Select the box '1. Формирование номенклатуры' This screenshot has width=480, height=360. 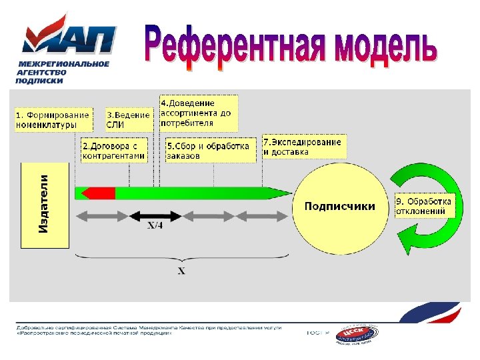(53, 120)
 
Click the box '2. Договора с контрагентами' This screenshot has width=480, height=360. (113, 151)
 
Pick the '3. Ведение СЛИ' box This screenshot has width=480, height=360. (128, 120)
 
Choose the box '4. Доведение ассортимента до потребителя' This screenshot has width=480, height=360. (198, 113)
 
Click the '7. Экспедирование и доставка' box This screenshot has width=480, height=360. (303, 147)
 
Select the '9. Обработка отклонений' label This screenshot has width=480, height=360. (423, 206)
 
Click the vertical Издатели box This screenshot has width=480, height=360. (45, 203)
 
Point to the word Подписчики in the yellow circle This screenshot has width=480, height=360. (339, 207)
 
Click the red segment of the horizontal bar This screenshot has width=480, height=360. (97, 193)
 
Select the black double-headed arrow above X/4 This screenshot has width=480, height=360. (155, 215)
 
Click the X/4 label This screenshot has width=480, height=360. (155, 226)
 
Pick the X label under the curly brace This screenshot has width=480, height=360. (181, 271)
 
